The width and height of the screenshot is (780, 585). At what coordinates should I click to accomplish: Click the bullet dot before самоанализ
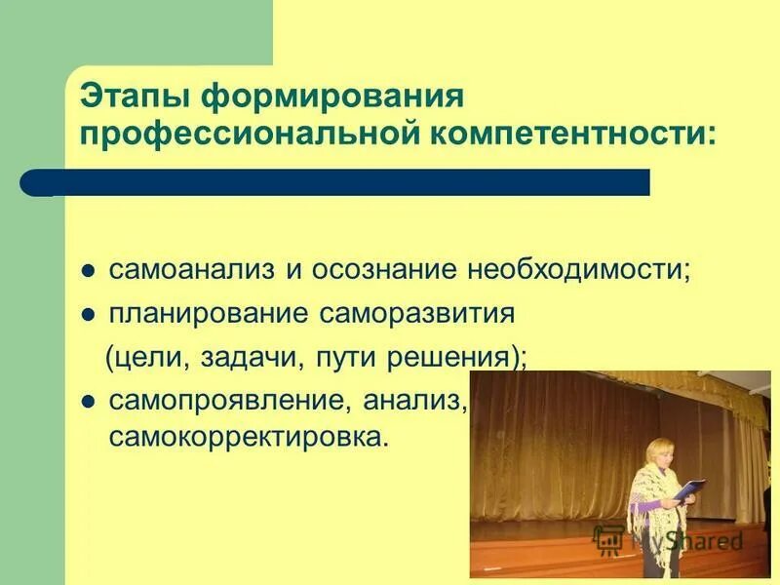[x=88, y=270]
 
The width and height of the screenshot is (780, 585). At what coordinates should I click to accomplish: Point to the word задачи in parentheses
[x=252, y=358]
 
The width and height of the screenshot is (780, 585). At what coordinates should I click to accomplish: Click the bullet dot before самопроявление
[x=88, y=401]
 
